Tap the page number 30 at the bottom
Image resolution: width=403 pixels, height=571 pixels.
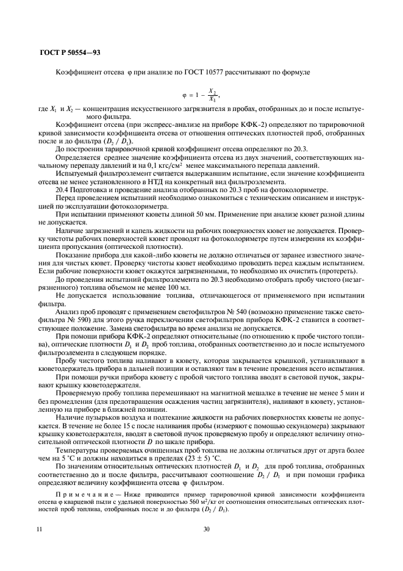[x=206, y=529]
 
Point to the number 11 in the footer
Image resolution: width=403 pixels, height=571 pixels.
[x=39, y=529]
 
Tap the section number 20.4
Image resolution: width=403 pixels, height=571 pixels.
[x=63, y=190]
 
